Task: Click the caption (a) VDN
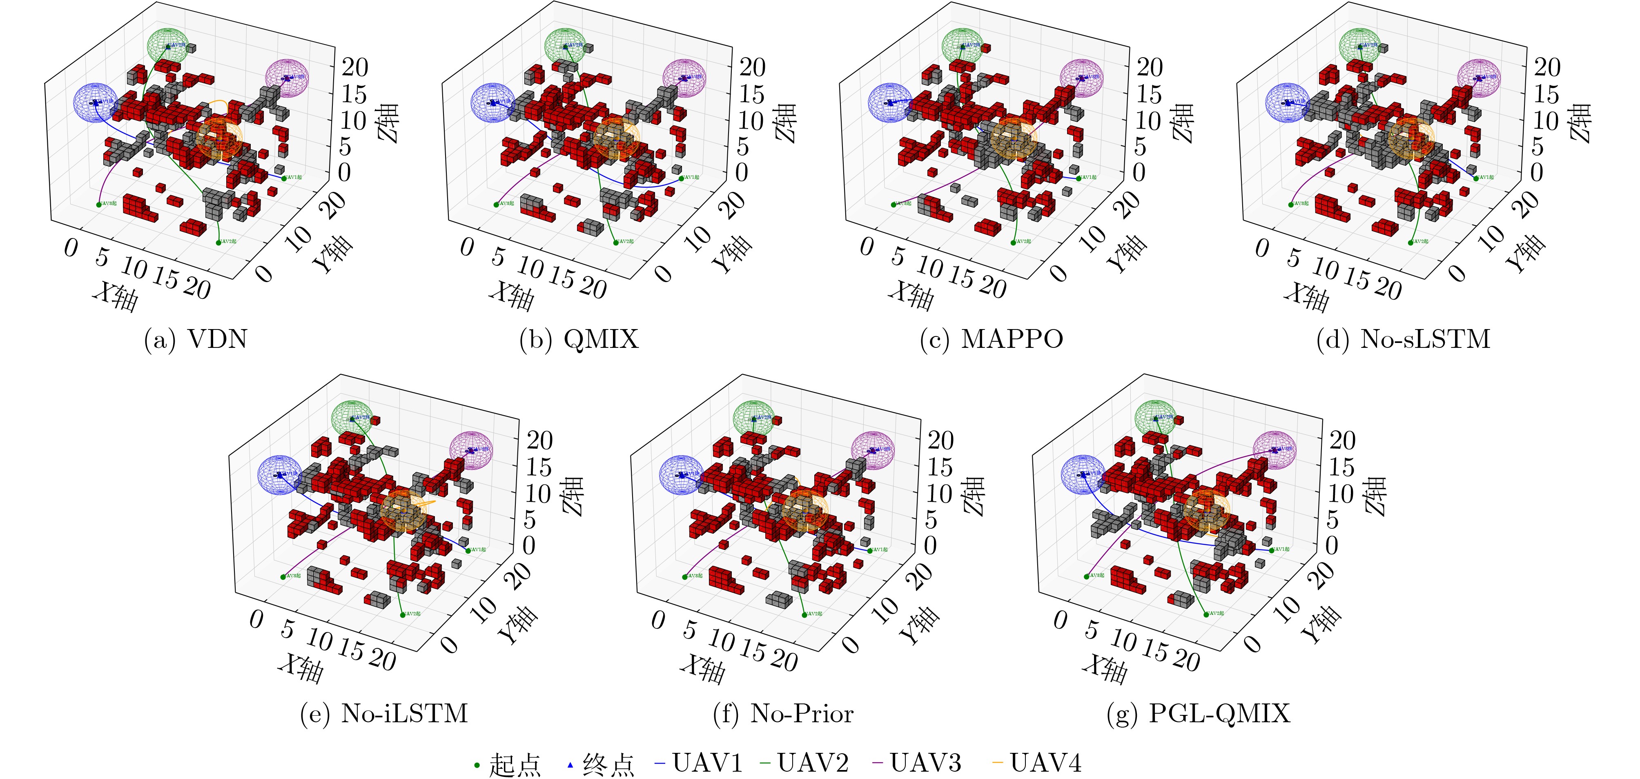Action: tap(196, 339)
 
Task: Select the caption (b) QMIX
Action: tap(579, 339)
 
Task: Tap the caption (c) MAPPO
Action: tap(991, 339)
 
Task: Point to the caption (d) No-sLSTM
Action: tap(1403, 339)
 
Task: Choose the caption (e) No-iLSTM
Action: tap(384, 713)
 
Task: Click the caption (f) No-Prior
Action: tap(783, 713)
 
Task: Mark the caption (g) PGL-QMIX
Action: tap(1198, 713)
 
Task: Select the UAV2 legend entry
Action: tap(805, 762)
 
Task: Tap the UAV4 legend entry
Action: tap(1037, 762)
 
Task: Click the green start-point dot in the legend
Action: tap(477, 764)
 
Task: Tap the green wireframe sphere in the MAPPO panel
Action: tap(961, 45)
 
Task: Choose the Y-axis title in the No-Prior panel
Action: tap(918, 625)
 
